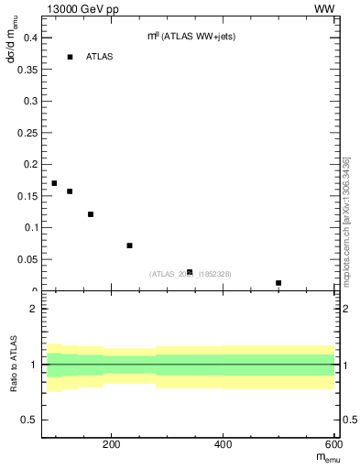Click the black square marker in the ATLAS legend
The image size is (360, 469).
click(x=70, y=57)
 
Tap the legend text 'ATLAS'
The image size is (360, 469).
click(x=100, y=57)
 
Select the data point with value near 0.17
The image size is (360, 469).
click(x=54, y=183)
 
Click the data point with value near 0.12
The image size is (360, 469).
click(x=91, y=214)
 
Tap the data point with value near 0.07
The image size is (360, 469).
click(x=130, y=245)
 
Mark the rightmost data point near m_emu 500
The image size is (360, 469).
click(x=278, y=283)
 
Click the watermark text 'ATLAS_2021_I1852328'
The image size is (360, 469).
click(x=191, y=274)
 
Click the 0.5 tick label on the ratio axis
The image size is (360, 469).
click(x=28, y=420)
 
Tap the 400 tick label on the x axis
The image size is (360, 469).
click(x=223, y=445)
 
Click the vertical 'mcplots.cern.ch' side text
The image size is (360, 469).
click(x=346, y=220)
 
